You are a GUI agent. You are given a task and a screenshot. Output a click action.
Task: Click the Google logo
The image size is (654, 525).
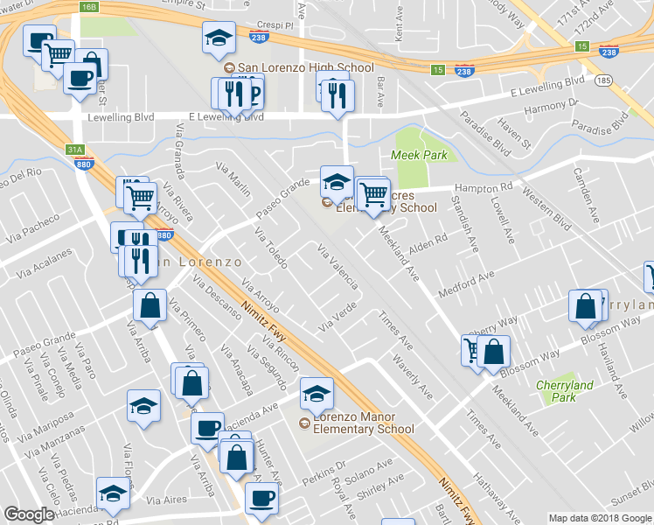[29, 514]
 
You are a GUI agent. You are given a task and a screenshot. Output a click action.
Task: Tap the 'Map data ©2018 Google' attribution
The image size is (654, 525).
[600, 518]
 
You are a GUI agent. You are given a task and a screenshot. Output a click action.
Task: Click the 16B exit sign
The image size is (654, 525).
[89, 7]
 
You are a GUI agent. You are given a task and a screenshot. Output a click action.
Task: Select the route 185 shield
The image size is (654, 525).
[602, 80]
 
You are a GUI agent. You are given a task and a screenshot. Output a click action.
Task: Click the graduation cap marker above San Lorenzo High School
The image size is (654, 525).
[219, 37]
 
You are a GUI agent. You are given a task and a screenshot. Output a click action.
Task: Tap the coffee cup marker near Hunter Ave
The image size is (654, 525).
[260, 497]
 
